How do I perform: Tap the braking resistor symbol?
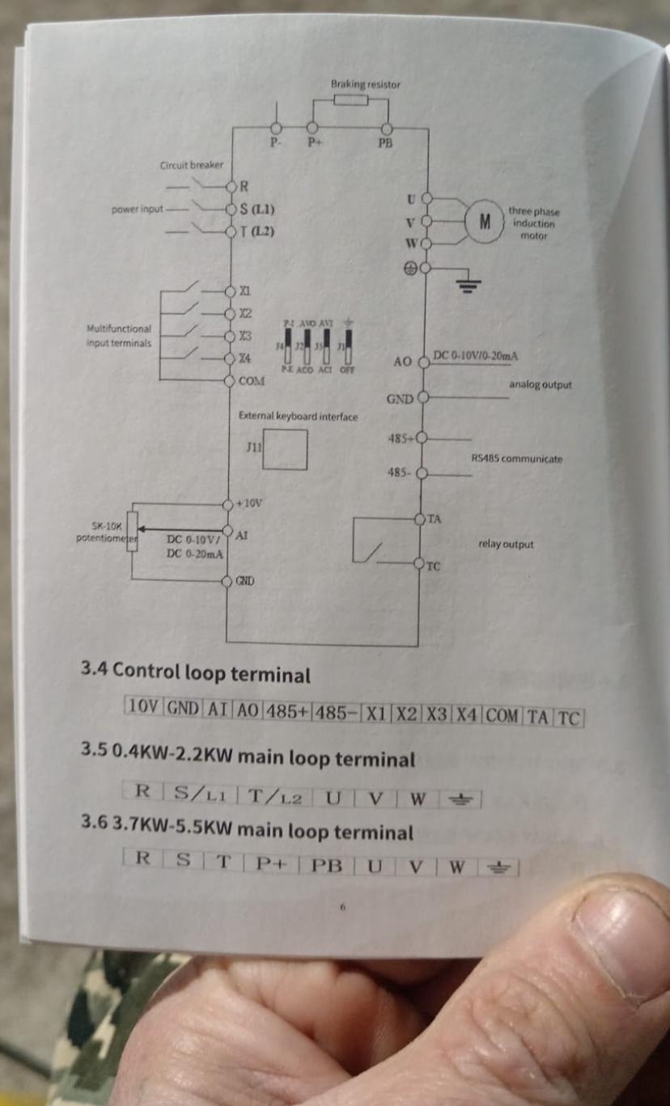click(350, 100)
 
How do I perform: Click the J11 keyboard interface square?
click(285, 449)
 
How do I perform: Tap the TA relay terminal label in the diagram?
click(435, 519)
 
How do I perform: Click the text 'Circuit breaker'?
click(192, 165)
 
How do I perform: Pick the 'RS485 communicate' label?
click(516, 459)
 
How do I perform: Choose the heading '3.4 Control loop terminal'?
click(195, 673)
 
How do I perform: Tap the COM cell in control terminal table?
click(502, 716)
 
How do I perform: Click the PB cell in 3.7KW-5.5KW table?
click(327, 864)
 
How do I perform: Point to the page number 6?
click(342, 907)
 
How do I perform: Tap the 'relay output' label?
click(506, 545)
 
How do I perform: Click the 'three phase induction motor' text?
click(533, 223)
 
